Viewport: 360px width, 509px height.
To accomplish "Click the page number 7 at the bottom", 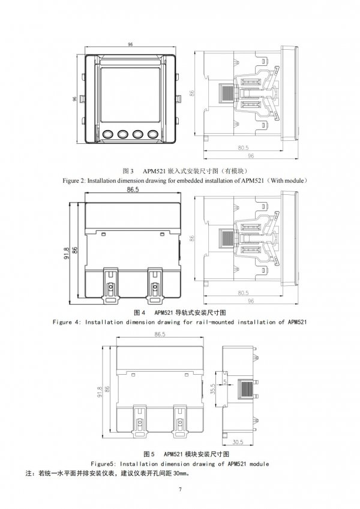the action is click(x=180, y=490).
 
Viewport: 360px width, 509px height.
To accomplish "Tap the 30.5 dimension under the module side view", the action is click(x=238, y=442).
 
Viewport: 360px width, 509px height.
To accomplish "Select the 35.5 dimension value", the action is click(x=213, y=388).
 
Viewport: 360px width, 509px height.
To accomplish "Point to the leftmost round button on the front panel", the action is click(x=107, y=134).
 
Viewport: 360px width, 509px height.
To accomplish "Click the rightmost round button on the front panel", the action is click(x=153, y=134).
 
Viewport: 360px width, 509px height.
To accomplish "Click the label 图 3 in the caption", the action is click(x=128, y=171).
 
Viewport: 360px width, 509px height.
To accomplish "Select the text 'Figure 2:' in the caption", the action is click(x=74, y=180).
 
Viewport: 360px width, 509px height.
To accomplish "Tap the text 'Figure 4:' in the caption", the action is click(x=67, y=322).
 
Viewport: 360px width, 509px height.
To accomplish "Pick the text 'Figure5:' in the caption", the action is click(x=103, y=464).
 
